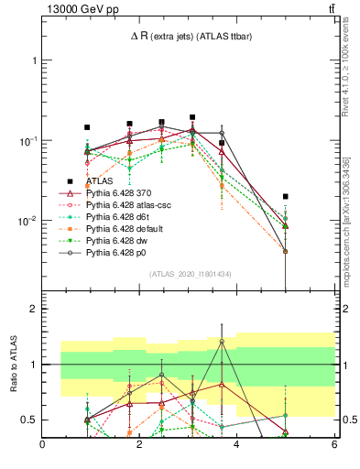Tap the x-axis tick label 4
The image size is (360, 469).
pyautogui.click(x=237, y=444)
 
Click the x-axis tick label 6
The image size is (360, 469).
pyautogui.click(x=334, y=444)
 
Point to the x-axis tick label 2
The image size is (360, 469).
pyautogui.click(x=140, y=444)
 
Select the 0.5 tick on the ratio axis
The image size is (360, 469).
pyautogui.click(x=30, y=420)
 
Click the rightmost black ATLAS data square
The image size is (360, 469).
pyautogui.click(x=286, y=196)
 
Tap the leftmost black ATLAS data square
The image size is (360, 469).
pyautogui.click(x=87, y=127)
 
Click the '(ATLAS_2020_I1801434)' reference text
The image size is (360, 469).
pyautogui.click(x=188, y=274)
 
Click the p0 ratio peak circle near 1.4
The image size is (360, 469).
pyautogui.click(x=222, y=342)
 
